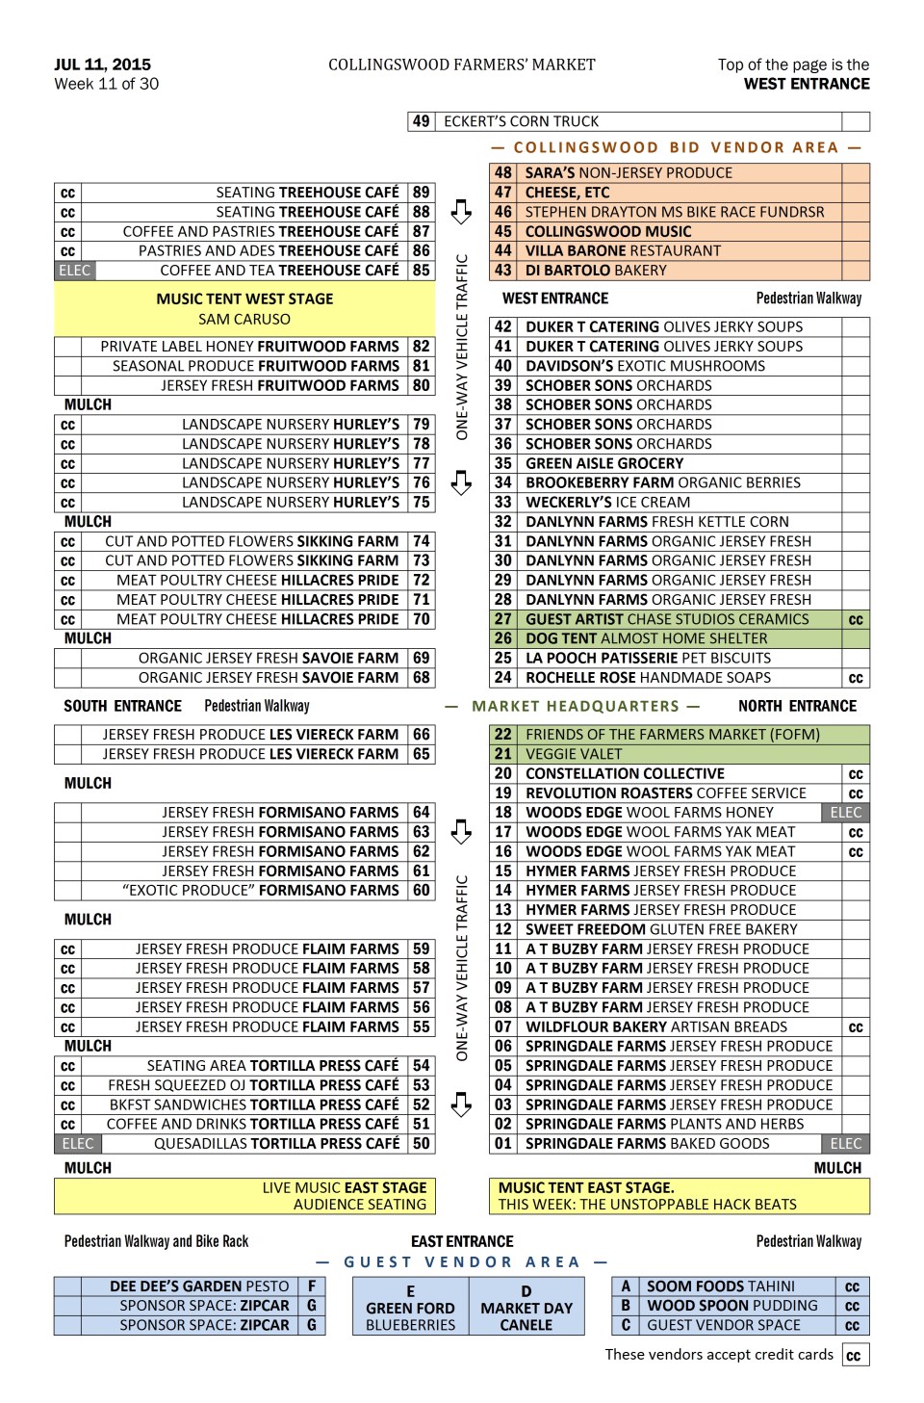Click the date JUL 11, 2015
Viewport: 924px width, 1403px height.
click(x=103, y=65)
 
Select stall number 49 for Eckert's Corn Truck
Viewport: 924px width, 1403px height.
click(x=421, y=121)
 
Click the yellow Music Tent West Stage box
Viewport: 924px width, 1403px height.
click(x=244, y=308)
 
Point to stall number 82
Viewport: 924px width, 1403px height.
click(x=422, y=346)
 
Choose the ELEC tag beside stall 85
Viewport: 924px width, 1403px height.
click(x=74, y=271)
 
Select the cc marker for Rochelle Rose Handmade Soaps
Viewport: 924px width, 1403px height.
click(x=856, y=678)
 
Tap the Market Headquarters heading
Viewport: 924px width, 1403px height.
click(x=576, y=706)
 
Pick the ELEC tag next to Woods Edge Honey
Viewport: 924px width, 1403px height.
click(x=846, y=813)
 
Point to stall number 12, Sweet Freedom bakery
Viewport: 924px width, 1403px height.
click(x=503, y=929)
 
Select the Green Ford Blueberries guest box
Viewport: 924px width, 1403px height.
click(x=410, y=1307)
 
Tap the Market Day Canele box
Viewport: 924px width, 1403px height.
click(x=526, y=1307)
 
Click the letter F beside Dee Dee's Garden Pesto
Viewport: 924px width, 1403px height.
click(x=312, y=1286)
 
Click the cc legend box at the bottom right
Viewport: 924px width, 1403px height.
click(x=854, y=1356)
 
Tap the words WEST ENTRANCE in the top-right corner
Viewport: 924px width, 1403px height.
click(x=807, y=84)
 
